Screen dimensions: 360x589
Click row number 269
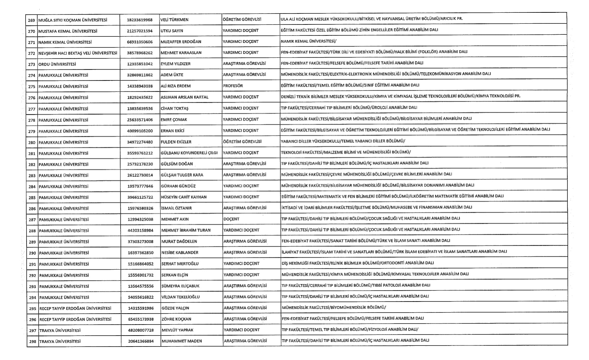pyautogui.click(x=31, y=20)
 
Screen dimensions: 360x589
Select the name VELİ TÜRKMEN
pyautogui.click(x=174, y=19)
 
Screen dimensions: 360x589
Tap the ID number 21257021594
pyautogui.click(x=140, y=31)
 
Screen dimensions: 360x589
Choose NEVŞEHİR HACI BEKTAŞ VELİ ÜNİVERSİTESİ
pyautogui.click(x=78, y=53)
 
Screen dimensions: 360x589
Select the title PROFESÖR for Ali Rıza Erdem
pyautogui.click(x=233, y=86)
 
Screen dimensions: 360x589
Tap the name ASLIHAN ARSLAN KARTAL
pyautogui.click(x=184, y=97)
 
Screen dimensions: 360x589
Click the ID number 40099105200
pyautogui.click(x=140, y=131)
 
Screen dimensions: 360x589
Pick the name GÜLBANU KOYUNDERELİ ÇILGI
pyautogui.click(x=189, y=153)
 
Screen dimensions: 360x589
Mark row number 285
pyautogui.click(x=32, y=197)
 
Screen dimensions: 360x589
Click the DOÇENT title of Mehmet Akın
pyautogui.click(x=231, y=219)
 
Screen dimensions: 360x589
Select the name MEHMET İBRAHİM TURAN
pyautogui.click(x=186, y=230)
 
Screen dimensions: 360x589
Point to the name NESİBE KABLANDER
pyautogui.click(x=180, y=253)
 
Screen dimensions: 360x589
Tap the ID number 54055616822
pyautogui.click(x=141, y=297)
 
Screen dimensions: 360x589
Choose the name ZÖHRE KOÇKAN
pyautogui.click(x=176, y=319)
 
